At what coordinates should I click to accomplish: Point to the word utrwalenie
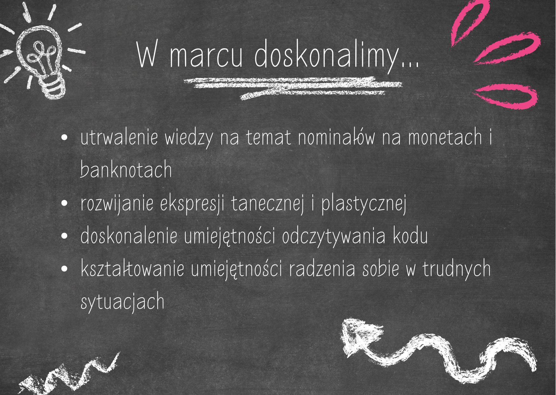[x=119, y=138]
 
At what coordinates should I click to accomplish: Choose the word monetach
[x=445, y=138]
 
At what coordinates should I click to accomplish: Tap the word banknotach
[x=126, y=169]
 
